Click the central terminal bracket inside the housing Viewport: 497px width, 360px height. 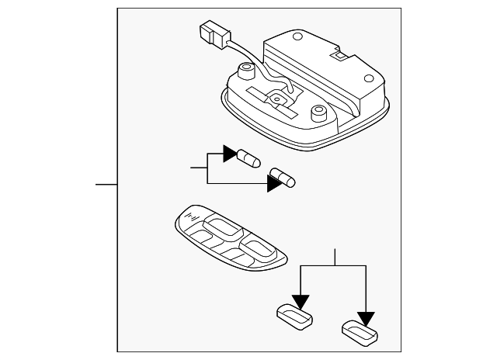276,98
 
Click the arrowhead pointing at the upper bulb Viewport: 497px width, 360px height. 231,153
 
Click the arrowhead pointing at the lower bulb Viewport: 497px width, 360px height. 274,183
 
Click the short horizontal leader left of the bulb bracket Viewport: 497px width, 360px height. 199,167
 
